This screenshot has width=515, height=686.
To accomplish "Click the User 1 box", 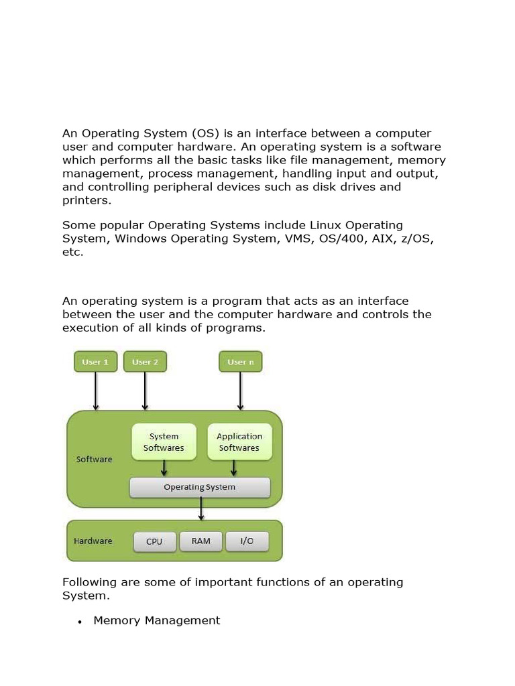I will click(95, 362).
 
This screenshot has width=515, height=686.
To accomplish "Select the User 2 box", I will click(145, 362).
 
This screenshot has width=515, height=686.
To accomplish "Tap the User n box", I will click(241, 362).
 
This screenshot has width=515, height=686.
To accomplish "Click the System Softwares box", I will click(164, 441).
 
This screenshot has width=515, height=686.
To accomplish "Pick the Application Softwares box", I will click(239, 441).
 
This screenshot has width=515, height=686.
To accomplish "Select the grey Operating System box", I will click(200, 487).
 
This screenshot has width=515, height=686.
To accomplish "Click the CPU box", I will click(154, 541).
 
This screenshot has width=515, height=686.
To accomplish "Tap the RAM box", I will click(201, 541).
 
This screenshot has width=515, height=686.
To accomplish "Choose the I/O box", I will click(247, 541).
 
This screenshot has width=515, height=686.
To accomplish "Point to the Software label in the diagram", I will click(95, 460).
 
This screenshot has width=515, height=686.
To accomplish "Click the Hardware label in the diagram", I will click(93, 541).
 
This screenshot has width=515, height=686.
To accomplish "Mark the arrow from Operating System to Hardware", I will click(201, 508).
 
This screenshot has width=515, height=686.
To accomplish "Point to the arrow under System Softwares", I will click(164, 468).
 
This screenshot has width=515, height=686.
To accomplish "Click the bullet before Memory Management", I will click(80, 622).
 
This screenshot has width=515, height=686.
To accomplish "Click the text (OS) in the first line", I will click(205, 133).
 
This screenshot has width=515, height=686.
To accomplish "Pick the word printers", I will click(86, 200).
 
